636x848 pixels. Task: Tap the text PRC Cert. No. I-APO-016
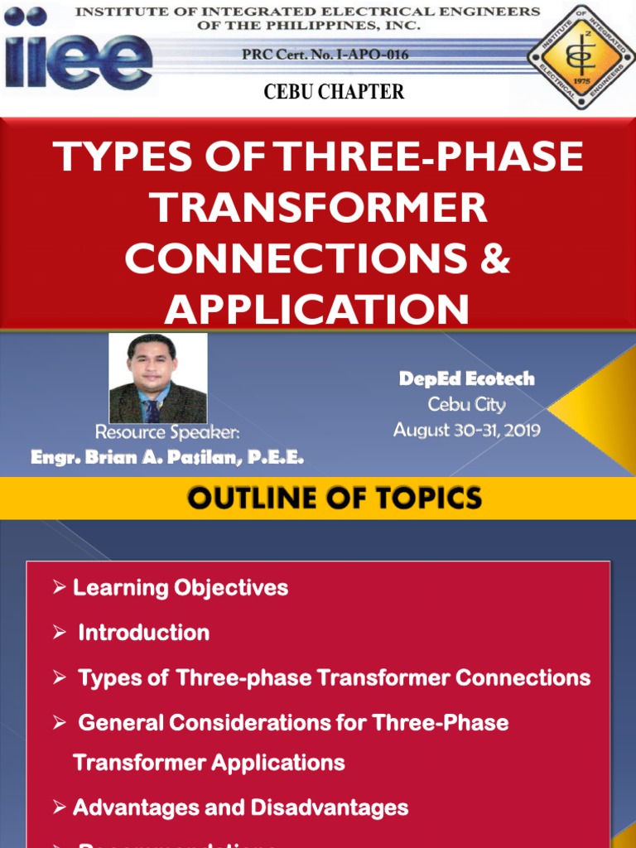(x=325, y=55)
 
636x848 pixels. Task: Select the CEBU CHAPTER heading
(x=334, y=92)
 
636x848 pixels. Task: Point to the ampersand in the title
(x=495, y=258)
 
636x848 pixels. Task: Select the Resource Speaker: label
(x=167, y=432)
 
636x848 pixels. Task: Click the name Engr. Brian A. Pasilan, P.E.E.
(x=167, y=457)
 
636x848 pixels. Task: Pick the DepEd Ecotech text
(x=466, y=379)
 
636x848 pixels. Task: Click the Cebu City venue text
(x=466, y=405)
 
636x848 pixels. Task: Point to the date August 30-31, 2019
(x=466, y=430)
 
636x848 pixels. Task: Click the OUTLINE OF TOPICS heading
(x=334, y=498)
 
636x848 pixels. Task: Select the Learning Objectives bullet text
(x=181, y=588)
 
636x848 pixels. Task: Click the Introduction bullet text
(x=143, y=633)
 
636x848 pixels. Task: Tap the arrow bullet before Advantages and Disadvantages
(x=59, y=807)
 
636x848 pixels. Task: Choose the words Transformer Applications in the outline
(x=209, y=762)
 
